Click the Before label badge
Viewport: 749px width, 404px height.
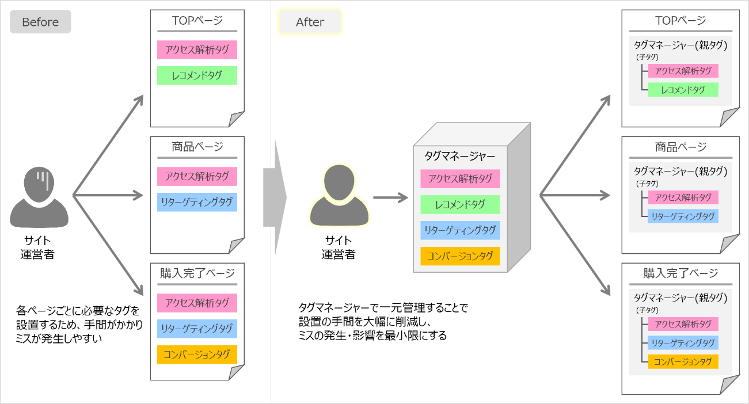point(40,22)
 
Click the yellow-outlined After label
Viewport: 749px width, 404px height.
point(310,22)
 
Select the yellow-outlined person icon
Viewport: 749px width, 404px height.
point(339,195)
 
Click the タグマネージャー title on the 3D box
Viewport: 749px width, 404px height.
point(459,155)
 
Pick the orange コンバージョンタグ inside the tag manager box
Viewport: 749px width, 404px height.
point(460,256)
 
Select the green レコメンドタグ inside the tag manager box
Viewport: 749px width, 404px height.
point(460,204)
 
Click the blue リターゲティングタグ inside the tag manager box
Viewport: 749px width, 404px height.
point(460,230)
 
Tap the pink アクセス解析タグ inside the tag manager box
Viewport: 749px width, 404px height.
point(460,178)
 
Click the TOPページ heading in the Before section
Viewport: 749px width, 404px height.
point(197,21)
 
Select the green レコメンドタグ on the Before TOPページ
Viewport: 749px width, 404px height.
point(197,75)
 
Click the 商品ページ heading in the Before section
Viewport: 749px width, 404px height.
point(197,147)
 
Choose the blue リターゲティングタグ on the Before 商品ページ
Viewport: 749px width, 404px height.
point(197,202)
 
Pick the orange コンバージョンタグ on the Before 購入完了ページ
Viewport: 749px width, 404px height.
point(197,355)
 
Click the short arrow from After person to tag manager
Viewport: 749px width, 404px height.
point(390,198)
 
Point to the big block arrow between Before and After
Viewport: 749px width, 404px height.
point(275,197)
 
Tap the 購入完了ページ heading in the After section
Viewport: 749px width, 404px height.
point(680,273)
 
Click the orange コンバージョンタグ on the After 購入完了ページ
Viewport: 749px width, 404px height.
point(683,361)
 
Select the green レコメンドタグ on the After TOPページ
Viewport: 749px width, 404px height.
point(683,90)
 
